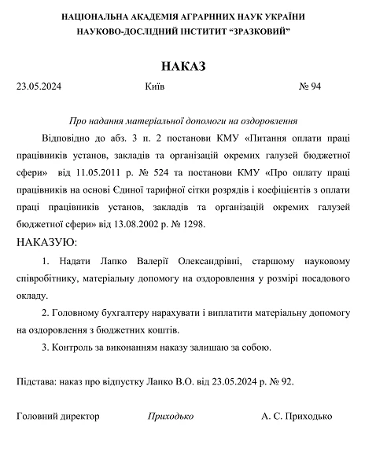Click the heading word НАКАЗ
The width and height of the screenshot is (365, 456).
pos(182,66)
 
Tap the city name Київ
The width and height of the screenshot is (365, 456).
pos(155,86)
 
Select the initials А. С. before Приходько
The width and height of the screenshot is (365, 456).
pos(271,417)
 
